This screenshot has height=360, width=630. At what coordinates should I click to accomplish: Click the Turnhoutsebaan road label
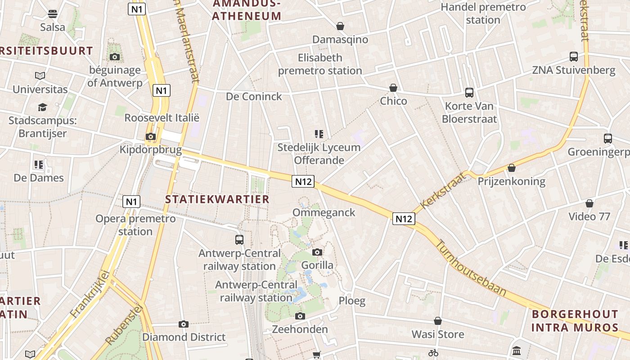click(x=471, y=268)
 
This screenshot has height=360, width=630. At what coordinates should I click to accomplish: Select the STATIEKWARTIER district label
click(x=217, y=199)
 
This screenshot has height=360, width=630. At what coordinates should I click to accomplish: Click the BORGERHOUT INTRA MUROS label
click(x=575, y=321)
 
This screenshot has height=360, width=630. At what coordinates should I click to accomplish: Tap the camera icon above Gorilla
click(x=317, y=252)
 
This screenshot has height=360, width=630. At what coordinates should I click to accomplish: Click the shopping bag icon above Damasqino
click(x=340, y=27)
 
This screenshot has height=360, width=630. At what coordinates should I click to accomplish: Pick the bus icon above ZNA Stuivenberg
click(x=574, y=57)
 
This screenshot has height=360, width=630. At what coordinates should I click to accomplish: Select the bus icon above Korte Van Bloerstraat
click(x=469, y=93)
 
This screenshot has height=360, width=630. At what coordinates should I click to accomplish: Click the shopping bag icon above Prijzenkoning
click(x=511, y=168)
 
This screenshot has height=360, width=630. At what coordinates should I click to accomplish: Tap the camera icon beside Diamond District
click(x=183, y=324)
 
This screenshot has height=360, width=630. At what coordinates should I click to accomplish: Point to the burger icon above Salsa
click(x=53, y=14)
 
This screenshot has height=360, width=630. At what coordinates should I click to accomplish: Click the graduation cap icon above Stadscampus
click(x=42, y=107)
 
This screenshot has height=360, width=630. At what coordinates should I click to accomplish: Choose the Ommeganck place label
click(x=324, y=212)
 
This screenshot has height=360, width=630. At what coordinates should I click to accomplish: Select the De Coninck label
click(x=254, y=96)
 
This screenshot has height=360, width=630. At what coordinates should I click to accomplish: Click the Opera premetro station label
click(x=135, y=225)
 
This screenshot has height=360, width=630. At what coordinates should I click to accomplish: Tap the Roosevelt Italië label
click(x=162, y=117)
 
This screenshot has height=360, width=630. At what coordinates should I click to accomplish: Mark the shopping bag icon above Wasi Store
click(x=438, y=321)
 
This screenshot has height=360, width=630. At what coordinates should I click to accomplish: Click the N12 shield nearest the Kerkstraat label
click(x=403, y=219)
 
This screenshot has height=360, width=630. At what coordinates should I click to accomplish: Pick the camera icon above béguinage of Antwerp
click(x=115, y=57)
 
